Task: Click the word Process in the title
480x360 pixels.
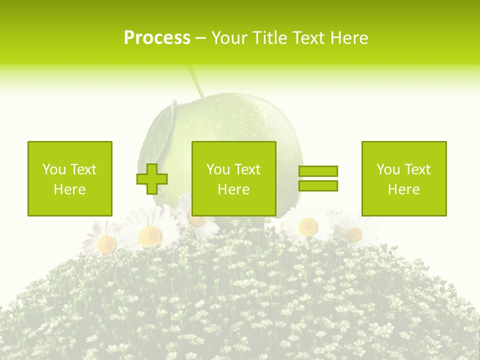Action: click(157, 38)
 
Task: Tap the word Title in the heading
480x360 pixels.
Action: click(269, 38)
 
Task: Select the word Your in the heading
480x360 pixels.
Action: click(229, 38)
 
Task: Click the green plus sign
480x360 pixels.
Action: click(152, 179)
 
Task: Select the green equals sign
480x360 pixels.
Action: click(318, 178)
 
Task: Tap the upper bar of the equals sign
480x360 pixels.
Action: click(318, 171)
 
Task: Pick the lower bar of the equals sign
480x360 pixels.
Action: click(318, 185)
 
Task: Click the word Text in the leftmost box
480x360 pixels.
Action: click(83, 169)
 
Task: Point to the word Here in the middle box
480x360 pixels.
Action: click(234, 189)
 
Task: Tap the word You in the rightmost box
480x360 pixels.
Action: click(388, 169)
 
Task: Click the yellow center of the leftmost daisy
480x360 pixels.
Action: click(106, 244)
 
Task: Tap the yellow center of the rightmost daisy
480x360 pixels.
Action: click(353, 233)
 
